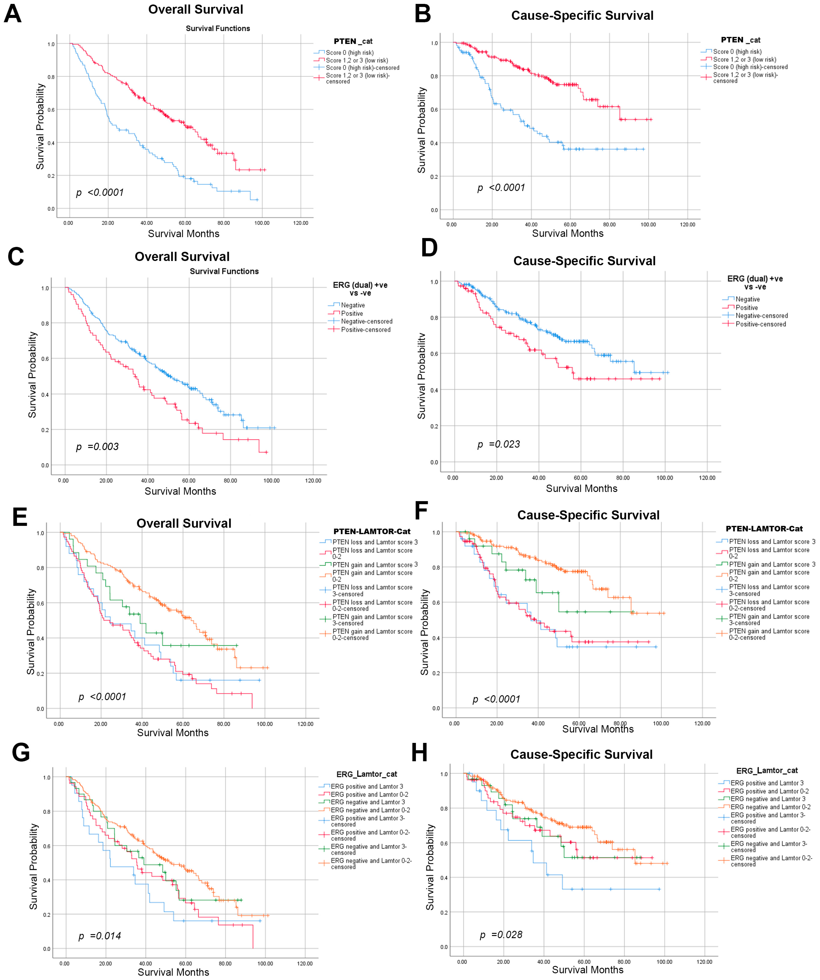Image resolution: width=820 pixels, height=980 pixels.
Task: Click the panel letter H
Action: point(419,753)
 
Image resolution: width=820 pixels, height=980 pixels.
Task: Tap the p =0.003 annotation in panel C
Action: point(98,447)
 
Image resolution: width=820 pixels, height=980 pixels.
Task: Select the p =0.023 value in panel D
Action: point(498,444)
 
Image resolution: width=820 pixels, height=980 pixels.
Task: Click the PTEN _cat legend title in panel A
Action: point(353,41)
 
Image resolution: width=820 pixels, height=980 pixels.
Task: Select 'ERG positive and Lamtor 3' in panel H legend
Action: point(767,783)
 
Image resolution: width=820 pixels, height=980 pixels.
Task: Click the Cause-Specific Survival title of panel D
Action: point(584,261)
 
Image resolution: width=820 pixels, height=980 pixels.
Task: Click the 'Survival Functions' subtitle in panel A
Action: point(218,29)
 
